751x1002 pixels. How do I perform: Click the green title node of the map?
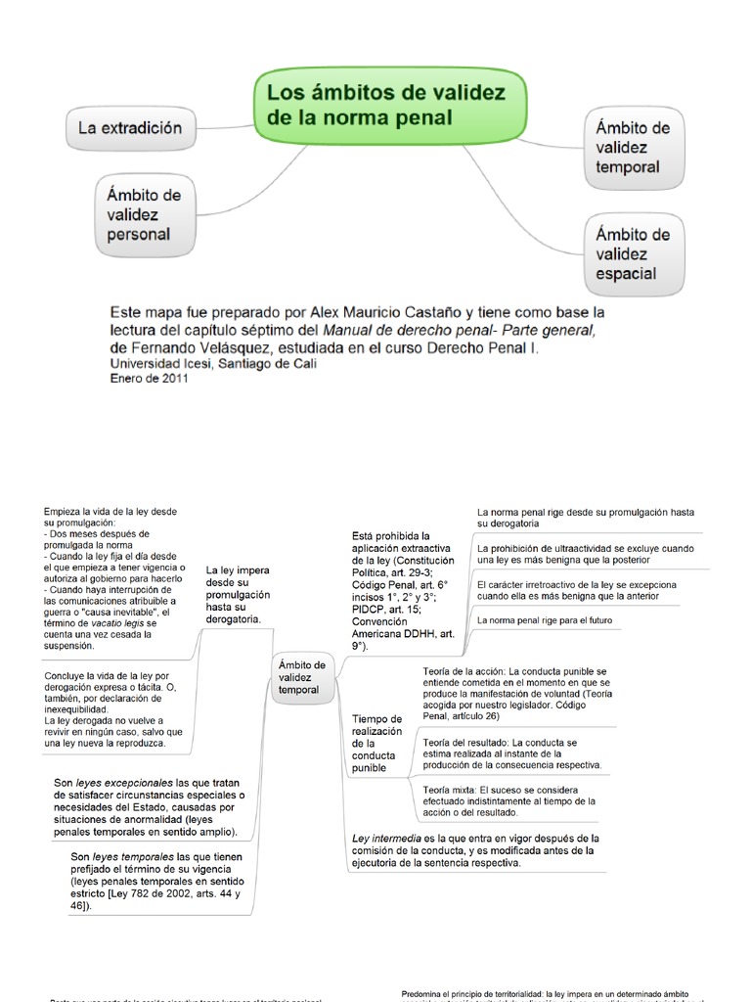(x=390, y=106)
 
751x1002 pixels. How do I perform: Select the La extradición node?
(x=130, y=128)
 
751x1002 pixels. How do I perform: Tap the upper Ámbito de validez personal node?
(x=144, y=215)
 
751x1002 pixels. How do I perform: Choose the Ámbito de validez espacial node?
(x=633, y=254)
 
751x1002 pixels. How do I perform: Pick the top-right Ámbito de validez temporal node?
(x=633, y=148)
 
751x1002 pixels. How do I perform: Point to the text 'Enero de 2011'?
(x=149, y=379)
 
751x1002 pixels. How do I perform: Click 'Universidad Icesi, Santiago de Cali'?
(x=213, y=364)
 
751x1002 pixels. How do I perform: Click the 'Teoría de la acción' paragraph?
(x=517, y=693)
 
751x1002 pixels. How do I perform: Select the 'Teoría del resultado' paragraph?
(x=512, y=753)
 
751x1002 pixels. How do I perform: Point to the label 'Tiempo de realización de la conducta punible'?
(x=376, y=744)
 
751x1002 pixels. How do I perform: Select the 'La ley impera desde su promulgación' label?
(x=238, y=594)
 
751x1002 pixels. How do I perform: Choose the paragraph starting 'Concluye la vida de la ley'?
(x=113, y=709)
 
